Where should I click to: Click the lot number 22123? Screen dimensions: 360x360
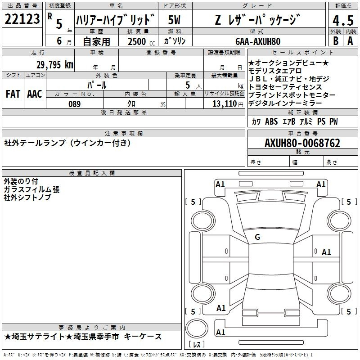22,19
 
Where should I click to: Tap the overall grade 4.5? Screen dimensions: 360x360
343,20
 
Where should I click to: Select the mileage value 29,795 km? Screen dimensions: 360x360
54,65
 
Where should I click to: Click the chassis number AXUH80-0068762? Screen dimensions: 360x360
302,143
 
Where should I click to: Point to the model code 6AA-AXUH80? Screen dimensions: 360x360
258,41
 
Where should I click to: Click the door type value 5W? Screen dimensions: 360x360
174,20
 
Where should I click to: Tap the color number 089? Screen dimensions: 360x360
75,104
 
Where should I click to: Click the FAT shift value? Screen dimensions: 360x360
13,94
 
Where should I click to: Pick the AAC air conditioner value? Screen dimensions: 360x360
35,94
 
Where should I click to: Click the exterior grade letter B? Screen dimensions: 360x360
336,41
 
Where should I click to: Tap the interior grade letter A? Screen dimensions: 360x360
350,41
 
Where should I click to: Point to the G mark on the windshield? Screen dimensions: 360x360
257,237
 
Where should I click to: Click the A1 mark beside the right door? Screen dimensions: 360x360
326,252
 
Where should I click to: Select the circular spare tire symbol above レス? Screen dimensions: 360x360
197,328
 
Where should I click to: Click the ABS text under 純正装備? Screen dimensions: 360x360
271,121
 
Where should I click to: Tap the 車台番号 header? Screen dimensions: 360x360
303,133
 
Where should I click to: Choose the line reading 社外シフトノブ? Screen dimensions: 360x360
27,197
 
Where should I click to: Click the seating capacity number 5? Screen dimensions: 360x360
188,85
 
